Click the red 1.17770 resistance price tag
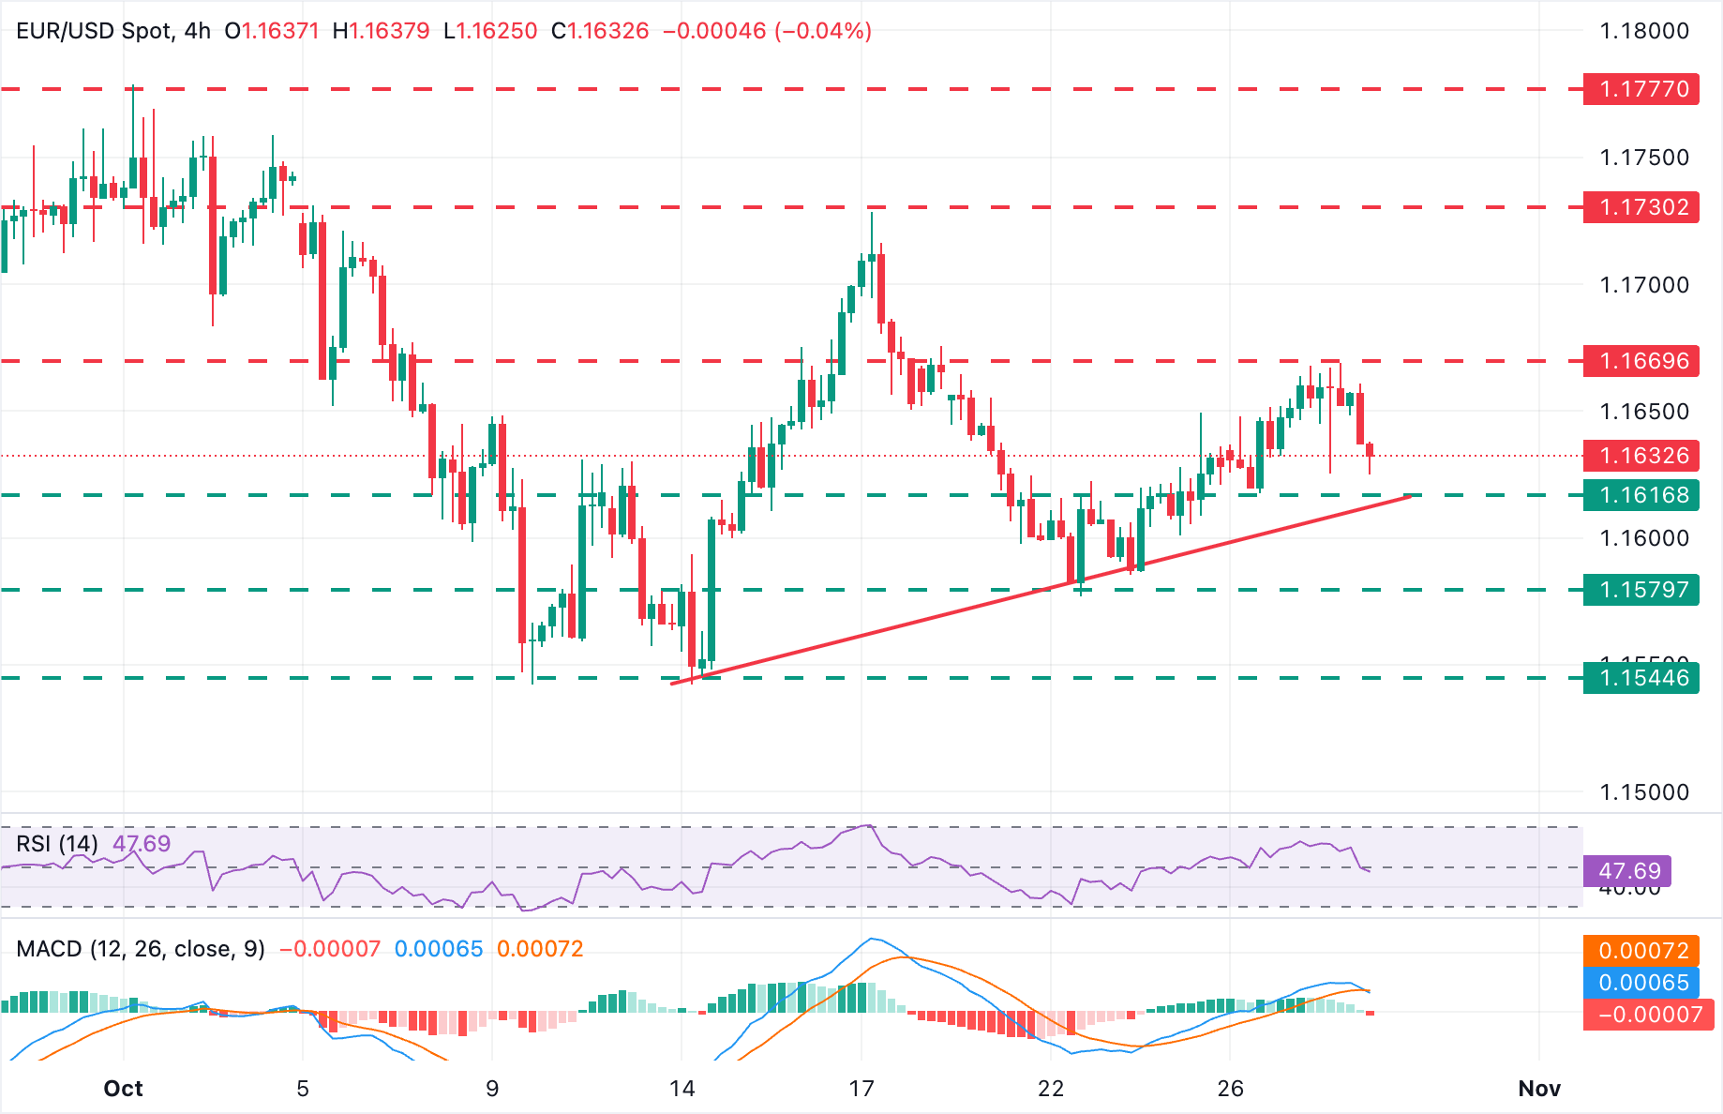point(1641,89)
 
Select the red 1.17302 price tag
point(1641,207)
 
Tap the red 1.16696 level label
point(1641,361)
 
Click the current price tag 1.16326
point(1641,456)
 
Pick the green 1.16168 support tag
point(1641,495)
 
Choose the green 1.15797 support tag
point(1641,590)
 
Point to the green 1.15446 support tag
point(1641,678)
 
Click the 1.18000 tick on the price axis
point(1643,31)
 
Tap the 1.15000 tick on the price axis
point(1643,792)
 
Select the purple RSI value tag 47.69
point(1627,871)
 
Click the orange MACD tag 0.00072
point(1642,951)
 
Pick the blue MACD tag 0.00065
point(1642,983)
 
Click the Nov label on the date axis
point(1538,1089)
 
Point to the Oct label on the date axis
point(123,1089)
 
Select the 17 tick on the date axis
point(861,1089)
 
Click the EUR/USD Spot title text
point(94,31)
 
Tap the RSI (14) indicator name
point(57,844)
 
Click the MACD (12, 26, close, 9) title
point(141,949)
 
